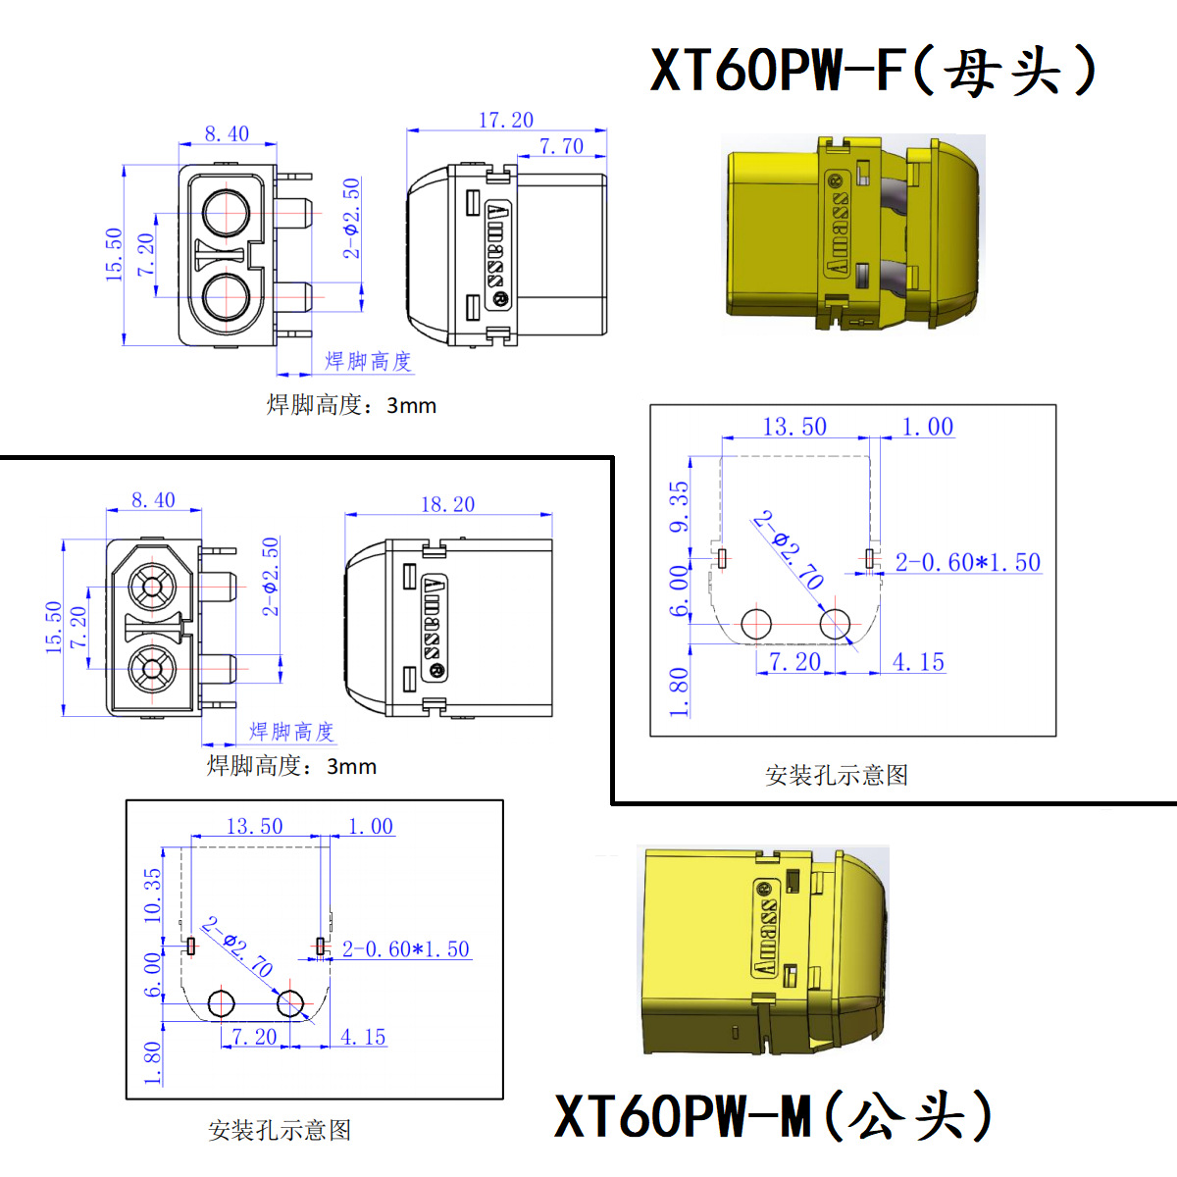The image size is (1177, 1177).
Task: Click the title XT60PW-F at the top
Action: pos(873,70)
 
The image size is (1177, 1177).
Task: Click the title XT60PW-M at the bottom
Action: pos(775,1116)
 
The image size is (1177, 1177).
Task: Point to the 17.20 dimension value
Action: pos(506,120)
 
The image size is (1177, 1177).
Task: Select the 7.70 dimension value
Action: pos(561,146)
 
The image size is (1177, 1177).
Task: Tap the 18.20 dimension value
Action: pos(447,504)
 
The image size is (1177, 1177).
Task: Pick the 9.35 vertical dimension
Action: pos(679,506)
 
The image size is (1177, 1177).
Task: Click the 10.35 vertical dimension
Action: pos(152,895)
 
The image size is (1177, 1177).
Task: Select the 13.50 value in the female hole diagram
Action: pos(794,427)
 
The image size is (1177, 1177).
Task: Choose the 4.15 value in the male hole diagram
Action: pos(363,1037)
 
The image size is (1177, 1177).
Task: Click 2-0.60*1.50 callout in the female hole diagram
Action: pos(967,562)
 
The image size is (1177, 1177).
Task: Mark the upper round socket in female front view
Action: pos(227,210)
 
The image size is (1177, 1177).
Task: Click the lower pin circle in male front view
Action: pos(152,670)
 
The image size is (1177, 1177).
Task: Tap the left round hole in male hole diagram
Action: pos(222,1003)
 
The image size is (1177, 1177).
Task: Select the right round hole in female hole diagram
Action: pos(835,623)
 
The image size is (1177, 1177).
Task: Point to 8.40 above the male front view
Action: pos(153,500)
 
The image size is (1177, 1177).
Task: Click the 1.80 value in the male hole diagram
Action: pos(152,1063)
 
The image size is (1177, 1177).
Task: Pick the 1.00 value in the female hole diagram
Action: pos(927,427)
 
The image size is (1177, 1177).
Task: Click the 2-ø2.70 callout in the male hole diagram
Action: pos(237,947)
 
